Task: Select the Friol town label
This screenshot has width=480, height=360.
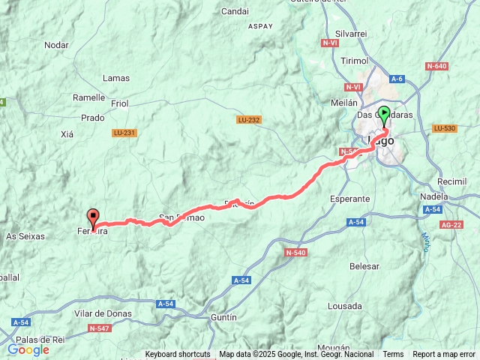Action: pos(119,103)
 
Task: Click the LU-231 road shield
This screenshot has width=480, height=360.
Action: pos(124,133)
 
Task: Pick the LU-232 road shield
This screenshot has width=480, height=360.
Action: pos(248,120)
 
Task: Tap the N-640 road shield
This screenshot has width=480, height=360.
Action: pos(436,67)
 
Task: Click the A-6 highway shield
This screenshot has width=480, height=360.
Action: pos(397,79)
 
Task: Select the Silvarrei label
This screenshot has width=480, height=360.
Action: pos(352,34)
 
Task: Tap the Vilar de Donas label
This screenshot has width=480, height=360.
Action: pos(103,313)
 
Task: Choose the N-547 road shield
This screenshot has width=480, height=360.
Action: pos(99,328)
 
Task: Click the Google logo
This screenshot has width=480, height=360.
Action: pos(28,349)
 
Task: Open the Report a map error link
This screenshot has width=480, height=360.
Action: pos(444,355)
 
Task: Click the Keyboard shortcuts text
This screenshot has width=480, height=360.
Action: pos(178,355)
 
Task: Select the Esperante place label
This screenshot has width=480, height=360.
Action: pos(350,199)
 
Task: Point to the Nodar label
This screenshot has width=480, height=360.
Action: pos(56,45)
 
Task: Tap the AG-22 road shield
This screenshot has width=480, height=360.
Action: pos(451,225)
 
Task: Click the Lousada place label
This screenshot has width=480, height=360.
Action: pos(345,306)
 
